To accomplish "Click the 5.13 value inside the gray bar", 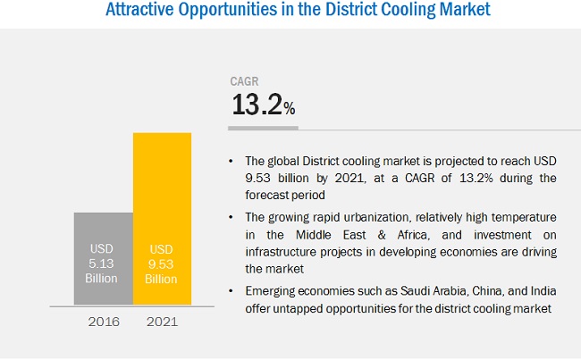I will click(103, 264).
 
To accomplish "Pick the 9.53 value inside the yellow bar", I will click(162, 264).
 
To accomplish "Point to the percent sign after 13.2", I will click(289, 109).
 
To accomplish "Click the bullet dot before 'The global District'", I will click(233, 162).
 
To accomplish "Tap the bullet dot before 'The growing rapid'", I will click(233, 217).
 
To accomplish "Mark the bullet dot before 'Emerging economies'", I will click(233, 291).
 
